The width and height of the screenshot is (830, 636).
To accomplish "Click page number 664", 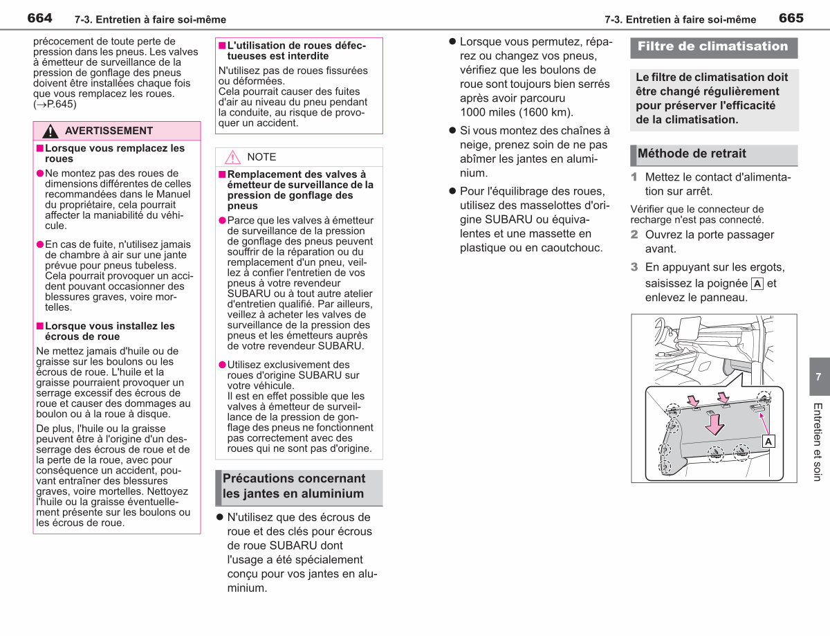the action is pos(39,18).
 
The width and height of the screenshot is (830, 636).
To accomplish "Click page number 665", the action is pos(791,18).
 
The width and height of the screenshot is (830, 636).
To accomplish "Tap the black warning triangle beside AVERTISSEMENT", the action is pos(50,131).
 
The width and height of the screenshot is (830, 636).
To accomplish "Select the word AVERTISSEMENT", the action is pos(109,131).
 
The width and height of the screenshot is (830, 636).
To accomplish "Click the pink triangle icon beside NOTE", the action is pos(232,157).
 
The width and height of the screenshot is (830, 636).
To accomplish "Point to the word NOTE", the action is pos(261,157).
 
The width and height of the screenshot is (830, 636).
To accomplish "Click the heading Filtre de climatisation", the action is pos(712,46).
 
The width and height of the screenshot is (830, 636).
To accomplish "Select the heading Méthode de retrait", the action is pos(692,154).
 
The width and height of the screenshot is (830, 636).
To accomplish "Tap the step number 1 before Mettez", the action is pos(634,177).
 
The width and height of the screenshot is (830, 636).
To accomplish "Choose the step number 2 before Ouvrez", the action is pos(634,235).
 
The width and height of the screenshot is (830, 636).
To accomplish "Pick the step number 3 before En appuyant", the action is pos(634,267).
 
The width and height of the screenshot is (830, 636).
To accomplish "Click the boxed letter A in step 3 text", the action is pos(757,284).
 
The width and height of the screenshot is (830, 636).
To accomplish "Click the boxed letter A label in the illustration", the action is pos(768,442).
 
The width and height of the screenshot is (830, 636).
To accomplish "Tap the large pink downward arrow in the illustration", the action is pos(714,425).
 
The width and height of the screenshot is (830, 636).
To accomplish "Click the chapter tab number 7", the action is pos(818,377).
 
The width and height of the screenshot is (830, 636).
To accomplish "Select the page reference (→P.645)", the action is pos(55,105).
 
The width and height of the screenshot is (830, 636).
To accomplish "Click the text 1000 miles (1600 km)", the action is pos(517,112).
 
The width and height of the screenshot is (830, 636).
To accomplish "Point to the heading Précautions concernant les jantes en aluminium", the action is pos(294,486).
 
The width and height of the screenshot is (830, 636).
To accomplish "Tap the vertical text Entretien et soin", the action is pos(818,442).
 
